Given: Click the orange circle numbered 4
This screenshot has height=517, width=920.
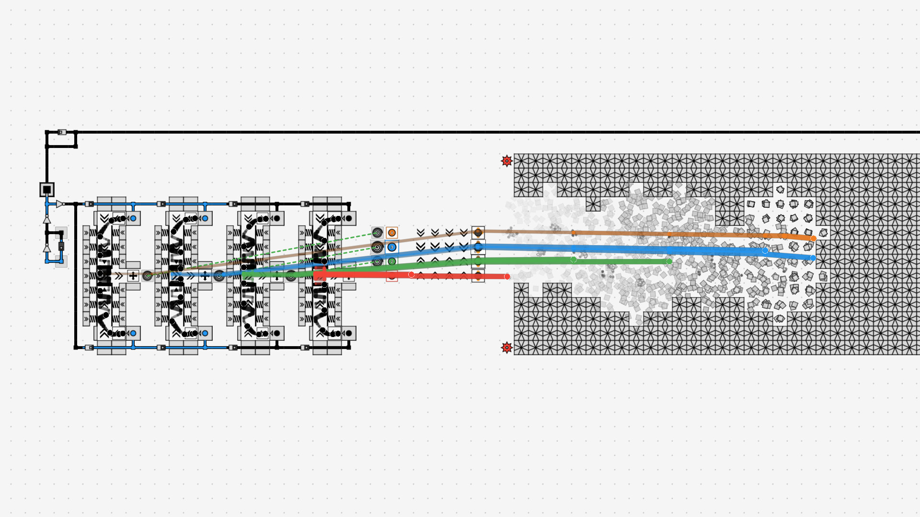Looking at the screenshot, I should (391, 233).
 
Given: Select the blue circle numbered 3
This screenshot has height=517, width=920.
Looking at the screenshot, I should (391, 247).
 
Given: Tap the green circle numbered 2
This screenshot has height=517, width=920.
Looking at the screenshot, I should (391, 261).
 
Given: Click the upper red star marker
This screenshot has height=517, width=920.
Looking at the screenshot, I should (506, 161).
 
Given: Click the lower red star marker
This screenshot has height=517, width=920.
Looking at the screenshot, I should (506, 348).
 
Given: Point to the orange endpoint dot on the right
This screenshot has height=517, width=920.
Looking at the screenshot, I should (813, 238).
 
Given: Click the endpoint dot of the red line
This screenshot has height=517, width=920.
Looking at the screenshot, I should (507, 277).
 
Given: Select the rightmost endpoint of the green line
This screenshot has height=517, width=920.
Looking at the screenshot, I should (669, 261).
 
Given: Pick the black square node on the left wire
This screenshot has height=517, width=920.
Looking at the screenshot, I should (47, 190).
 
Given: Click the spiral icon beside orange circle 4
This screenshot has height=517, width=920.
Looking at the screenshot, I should (377, 233).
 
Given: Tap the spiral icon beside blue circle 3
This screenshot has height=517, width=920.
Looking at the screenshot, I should (377, 247).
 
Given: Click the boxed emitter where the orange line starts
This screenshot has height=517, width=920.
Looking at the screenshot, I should (478, 233).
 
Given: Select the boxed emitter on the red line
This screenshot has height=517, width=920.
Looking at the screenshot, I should (478, 276).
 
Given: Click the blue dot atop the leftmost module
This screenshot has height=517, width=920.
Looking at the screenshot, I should (133, 218).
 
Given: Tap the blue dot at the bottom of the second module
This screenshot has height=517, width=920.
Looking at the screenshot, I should (205, 333).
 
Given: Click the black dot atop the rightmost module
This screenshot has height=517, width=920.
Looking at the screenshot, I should (348, 218).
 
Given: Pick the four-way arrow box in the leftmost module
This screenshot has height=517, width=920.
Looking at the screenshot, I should (133, 276).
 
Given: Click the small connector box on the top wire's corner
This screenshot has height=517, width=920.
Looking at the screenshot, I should (62, 132).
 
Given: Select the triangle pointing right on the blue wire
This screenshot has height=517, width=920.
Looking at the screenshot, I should (59, 204).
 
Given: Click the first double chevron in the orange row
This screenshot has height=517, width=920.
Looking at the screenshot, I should (420, 233).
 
